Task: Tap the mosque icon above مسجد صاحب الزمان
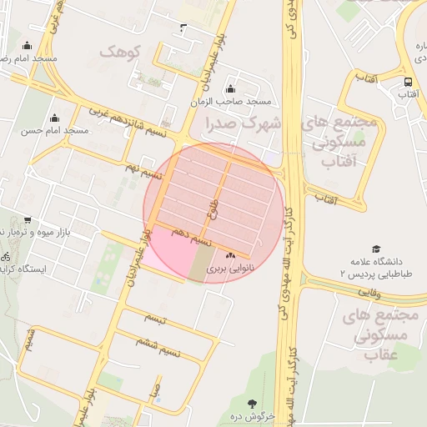pyautogui.click(x=230, y=89)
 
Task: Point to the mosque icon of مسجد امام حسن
pyautogui.click(x=55, y=118)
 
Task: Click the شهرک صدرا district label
pyautogui.click(x=249, y=123)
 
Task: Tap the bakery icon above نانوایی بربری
pyautogui.click(x=230, y=254)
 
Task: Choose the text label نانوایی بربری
pyautogui.click(x=229, y=269)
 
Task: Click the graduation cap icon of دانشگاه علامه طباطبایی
pyautogui.click(x=375, y=249)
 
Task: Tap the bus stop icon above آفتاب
pyautogui.click(x=408, y=82)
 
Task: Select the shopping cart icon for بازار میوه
pyautogui.click(x=28, y=220)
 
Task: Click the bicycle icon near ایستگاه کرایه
pyautogui.click(x=6, y=256)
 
